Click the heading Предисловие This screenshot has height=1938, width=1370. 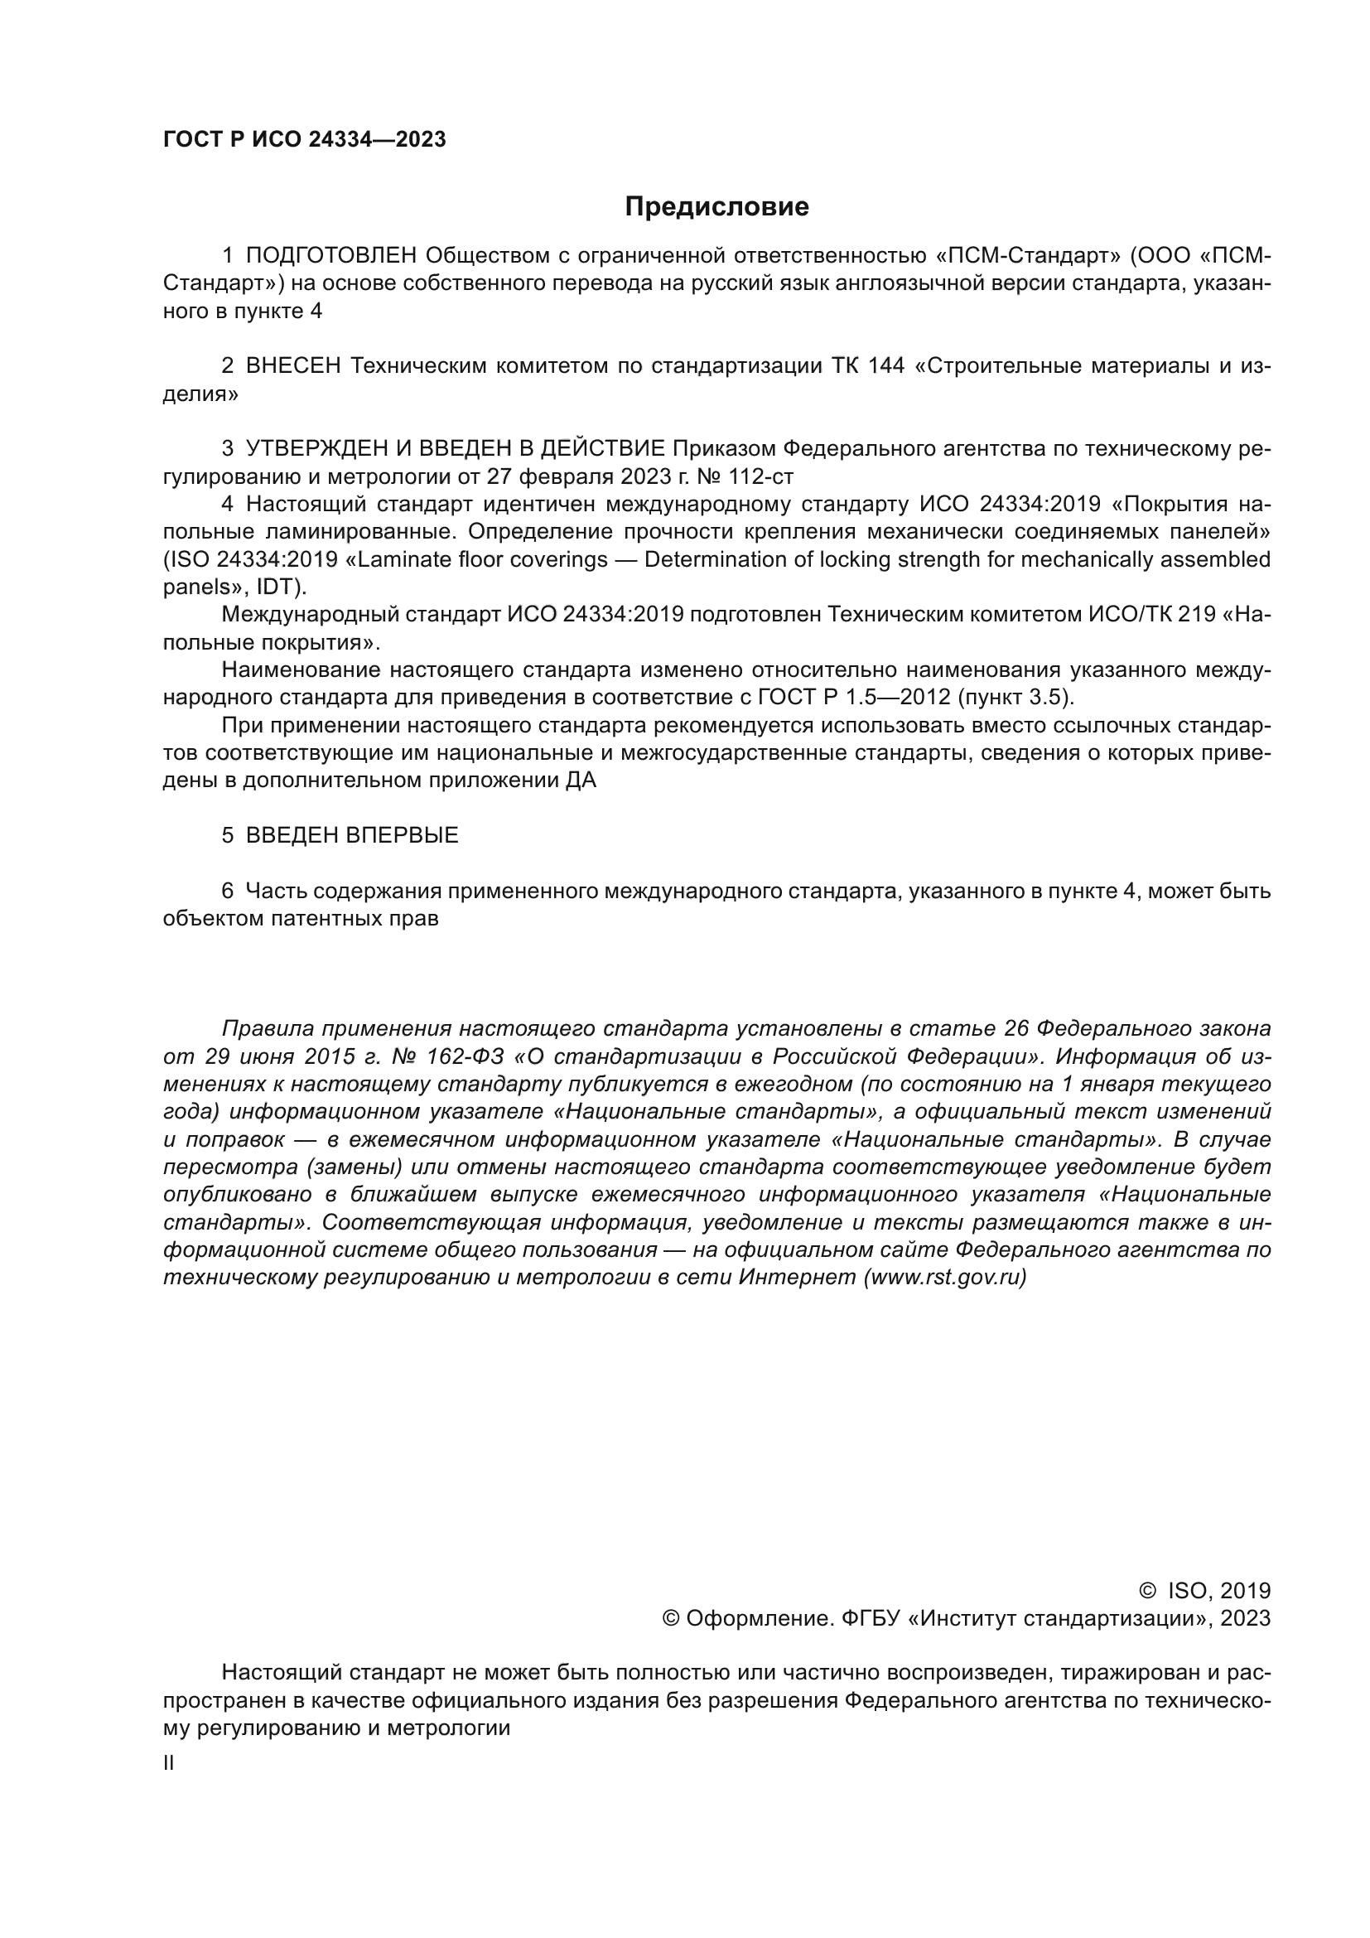pos(716,207)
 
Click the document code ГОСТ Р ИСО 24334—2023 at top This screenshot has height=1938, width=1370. pos(305,140)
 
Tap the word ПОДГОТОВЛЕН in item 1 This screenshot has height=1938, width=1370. pos(331,256)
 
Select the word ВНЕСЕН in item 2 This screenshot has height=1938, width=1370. pos(292,365)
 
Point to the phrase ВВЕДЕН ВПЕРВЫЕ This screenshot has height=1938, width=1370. pos(352,836)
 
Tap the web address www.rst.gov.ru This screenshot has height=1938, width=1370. pos(945,1277)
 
